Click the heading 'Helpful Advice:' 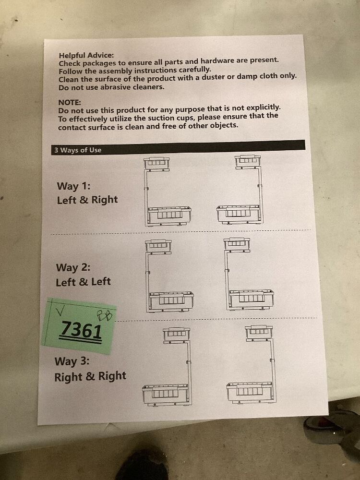(x=86, y=55)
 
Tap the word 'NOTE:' (x=70, y=103)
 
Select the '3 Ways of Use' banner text (x=78, y=150)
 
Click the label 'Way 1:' (x=73, y=186)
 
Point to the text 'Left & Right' (x=87, y=200)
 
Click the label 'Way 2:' (x=73, y=267)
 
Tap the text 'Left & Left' (x=83, y=282)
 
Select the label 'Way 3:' (x=72, y=361)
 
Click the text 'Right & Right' (x=90, y=376)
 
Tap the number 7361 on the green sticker (x=82, y=330)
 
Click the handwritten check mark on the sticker (x=60, y=311)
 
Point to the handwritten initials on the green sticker (x=104, y=315)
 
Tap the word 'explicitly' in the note (x=263, y=108)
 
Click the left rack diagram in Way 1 (x=168, y=192)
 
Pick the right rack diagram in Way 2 (x=249, y=274)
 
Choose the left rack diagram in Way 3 (x=167, y=367)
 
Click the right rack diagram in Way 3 (x=252, y=364)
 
